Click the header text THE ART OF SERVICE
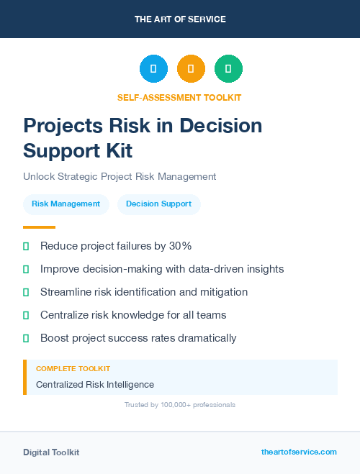[180, 19]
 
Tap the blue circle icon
[153, 69]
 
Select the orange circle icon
[191, 69]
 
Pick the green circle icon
[228, 69]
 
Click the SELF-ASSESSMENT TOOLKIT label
[179, 97]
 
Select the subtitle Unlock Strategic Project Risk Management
[120, 176]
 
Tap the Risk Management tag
[66, 204]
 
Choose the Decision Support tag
[158, 204]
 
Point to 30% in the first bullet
[179, 246]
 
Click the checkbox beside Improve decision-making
[26, 269]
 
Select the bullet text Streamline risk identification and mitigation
[144, 292]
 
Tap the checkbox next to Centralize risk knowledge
[26, 315]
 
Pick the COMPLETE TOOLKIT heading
[73, 368]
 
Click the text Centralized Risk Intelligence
[94, 385]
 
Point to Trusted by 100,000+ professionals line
[179, 405]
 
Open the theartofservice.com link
[299, 452]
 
